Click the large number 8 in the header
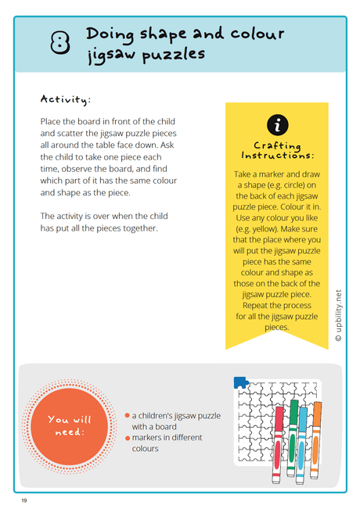coord(59,44)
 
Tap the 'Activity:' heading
coord(66,99)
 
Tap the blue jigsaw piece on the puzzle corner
coord(240,382)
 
